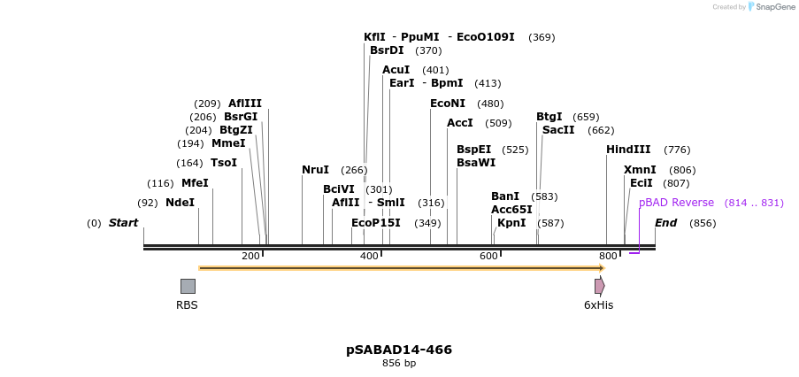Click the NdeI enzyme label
pyautogui.click(x=180, y=203)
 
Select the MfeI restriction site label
pyautogui.click(x=195, y=183)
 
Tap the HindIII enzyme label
pyautogui.click(x=628, y=150)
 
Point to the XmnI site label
pyautogui.click(x=640, y=170)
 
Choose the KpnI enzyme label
pyautogui.click(x=511, y=223)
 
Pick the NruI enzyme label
pyautogui.click(x=315, y=170)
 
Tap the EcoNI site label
pyautogui.click(x=448, y=104)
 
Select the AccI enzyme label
pyautogui.click(x=460, y=123)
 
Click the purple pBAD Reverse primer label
pyautogui.click(x=676, y=203)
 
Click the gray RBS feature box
pyautogui.click(x=188, y=286)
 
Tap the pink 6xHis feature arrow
pyautogui.click(x=600, y=286)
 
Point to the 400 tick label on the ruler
pyautogui.click(x=370, y=256)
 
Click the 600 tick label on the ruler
pyautogui.click(x=488, y=256)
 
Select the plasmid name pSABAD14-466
pyautogui.click(x=399, y=350)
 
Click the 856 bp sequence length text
pyautogui.click(x=399, y=364)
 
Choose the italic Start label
pyautogui.click(x=123, y=223)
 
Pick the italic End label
pyautogui.click(x=665, y=223)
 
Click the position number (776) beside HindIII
pyautogui.click(x=677, y=150)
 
